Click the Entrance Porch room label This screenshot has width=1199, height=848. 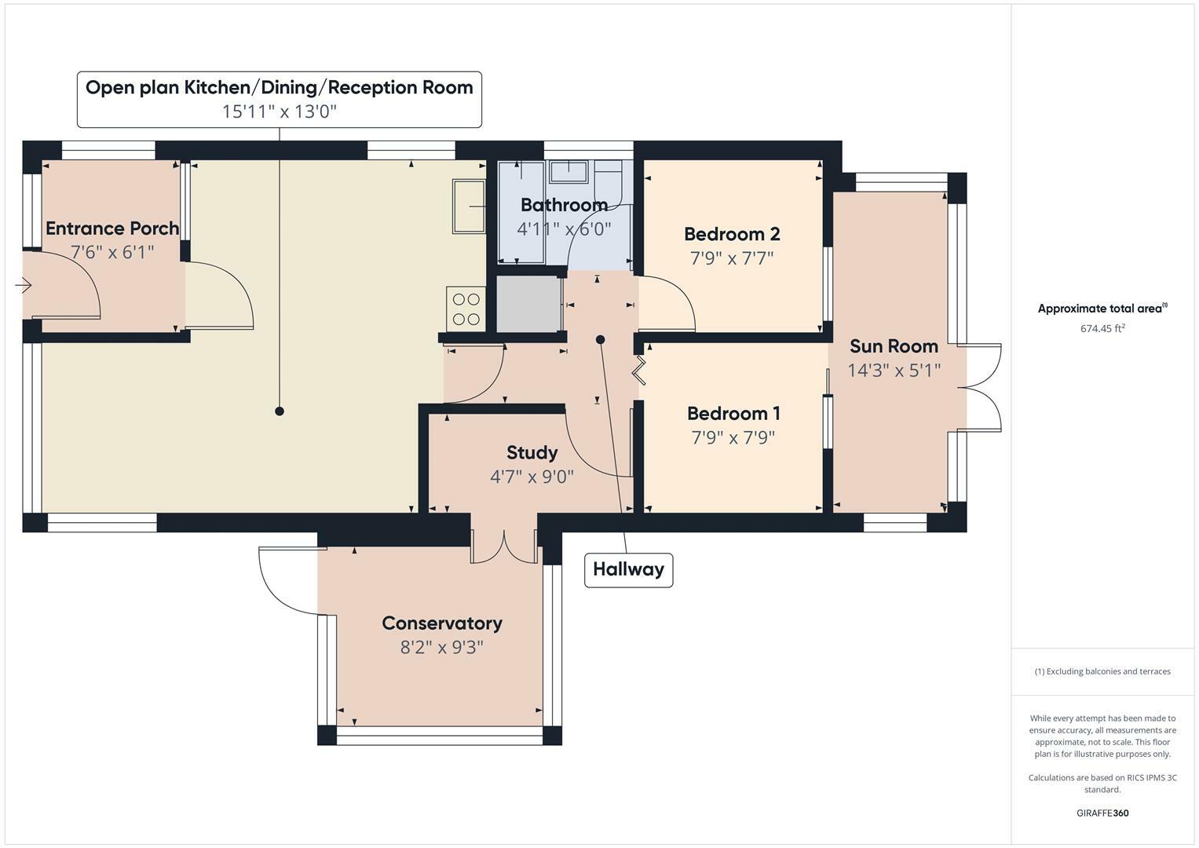[x=112, y=228]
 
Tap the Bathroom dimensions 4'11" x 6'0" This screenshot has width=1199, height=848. [x=563, y=229]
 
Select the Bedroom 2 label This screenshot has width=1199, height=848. [x=732, y=234]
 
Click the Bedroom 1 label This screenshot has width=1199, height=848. [x=733, y=413]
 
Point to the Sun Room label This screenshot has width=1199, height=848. [x=894, y=346]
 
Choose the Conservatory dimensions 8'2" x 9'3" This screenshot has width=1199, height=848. [x=441, y=647]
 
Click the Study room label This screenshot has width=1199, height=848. [x=532, y=452]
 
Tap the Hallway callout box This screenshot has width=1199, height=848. [x=628, y=569]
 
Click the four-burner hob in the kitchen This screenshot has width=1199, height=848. [x=466, y=309]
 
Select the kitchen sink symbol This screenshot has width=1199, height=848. [x=469, y=206]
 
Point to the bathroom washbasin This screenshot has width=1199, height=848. [x=568, y=171]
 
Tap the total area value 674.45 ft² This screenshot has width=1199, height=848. [x=1102, y=329]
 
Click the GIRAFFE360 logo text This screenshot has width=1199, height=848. [x=1102, y=813]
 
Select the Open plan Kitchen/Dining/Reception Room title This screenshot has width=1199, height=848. [x=279, y=87]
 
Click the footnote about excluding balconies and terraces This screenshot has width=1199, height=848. [x=1102, y=671]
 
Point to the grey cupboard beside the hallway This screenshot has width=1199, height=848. [x=528, y=304]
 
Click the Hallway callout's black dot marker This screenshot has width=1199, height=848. [x=601, y=339]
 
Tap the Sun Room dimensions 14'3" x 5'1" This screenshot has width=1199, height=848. [x=894, y=370]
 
